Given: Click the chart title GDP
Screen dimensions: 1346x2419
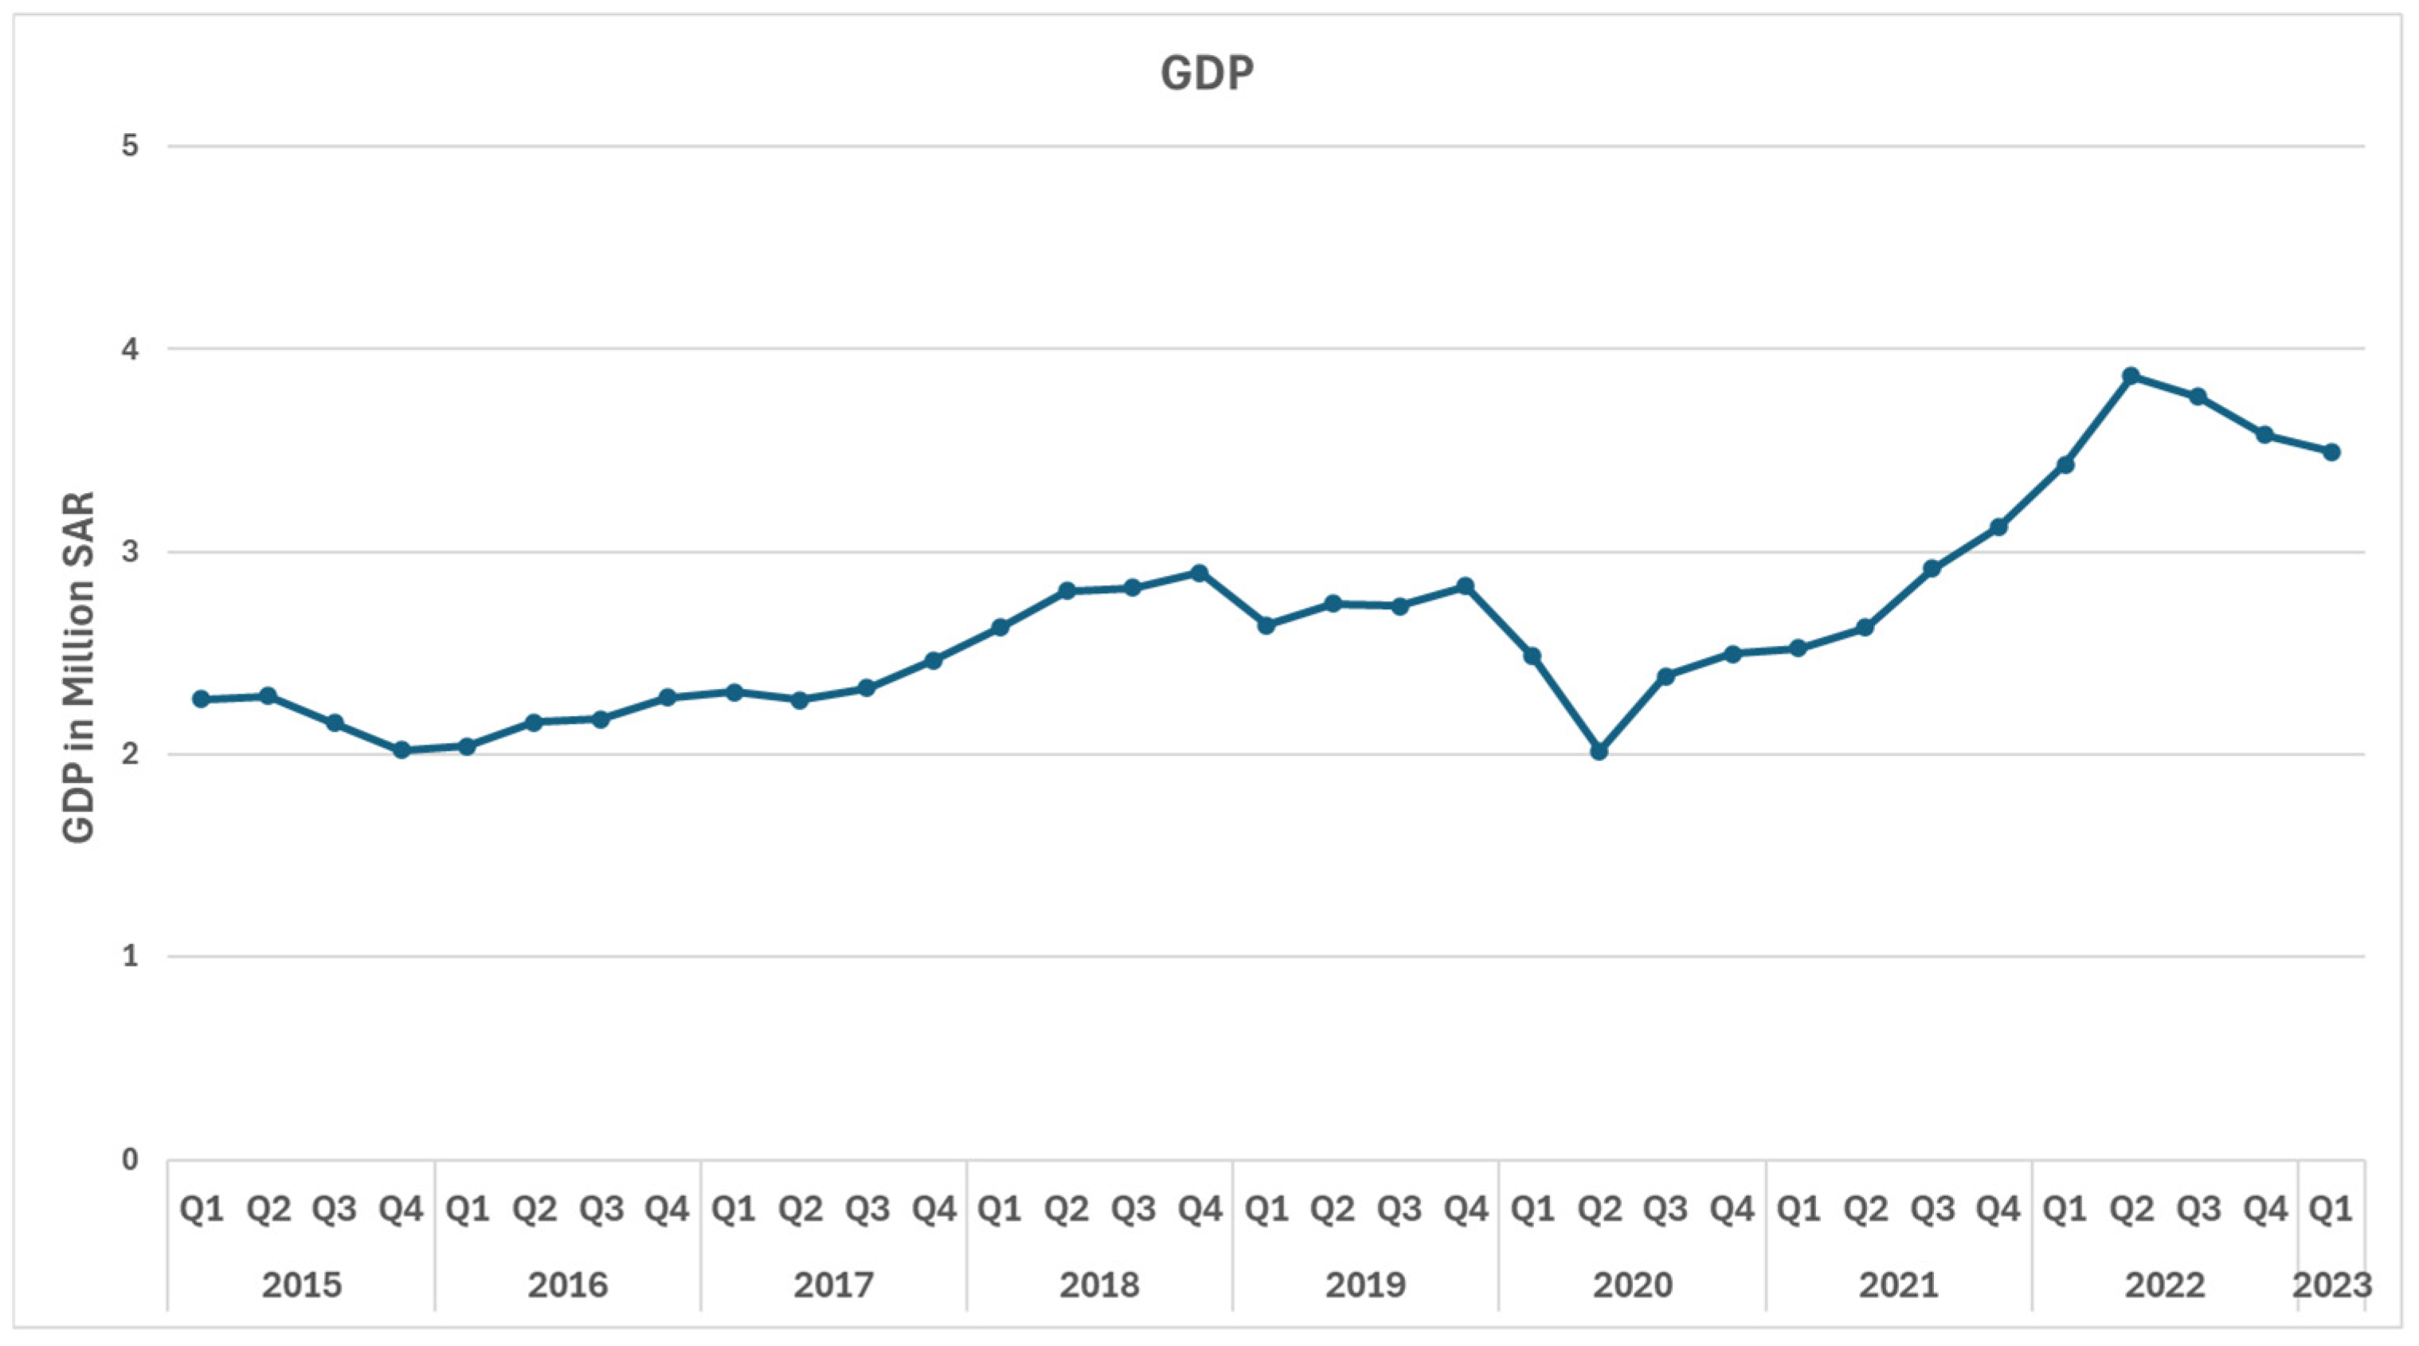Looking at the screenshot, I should click(x=1207, y=73).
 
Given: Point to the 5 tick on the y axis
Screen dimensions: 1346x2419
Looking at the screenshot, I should click(x=130, y=147).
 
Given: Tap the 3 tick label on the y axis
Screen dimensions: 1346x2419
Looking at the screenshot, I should click(x=130, y=551).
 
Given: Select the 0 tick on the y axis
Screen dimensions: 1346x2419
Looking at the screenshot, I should click(x=130, y=1160).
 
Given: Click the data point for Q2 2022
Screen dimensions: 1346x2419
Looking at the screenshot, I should click(x=2131, y=376).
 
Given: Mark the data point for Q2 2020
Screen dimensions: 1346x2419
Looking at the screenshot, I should click(x=1599, y=751).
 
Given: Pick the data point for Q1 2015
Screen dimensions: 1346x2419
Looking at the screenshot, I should click(x=201, y=698).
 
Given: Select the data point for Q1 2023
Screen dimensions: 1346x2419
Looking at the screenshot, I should click(x=2331, y=452).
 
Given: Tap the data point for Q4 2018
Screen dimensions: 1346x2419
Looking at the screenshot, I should click(x=1200, y=572).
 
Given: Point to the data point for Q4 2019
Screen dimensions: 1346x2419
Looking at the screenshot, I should click(x=1465, y=586).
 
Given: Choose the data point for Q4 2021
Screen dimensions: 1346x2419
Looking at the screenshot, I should click(x=1998, y=527).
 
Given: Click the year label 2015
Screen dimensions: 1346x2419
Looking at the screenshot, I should click(x=301, y=1284).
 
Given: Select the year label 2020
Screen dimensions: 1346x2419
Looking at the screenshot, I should click(x=1632, y=1284).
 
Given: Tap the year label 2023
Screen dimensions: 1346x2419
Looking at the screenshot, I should click(x=2331, y=1284).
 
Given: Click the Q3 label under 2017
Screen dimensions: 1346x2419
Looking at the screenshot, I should click(x=867, y=1209).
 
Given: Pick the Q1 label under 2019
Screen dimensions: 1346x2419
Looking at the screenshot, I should click(x=1266, y=1209).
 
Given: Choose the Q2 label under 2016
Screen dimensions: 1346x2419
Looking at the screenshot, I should click(x=534, y=1209).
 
